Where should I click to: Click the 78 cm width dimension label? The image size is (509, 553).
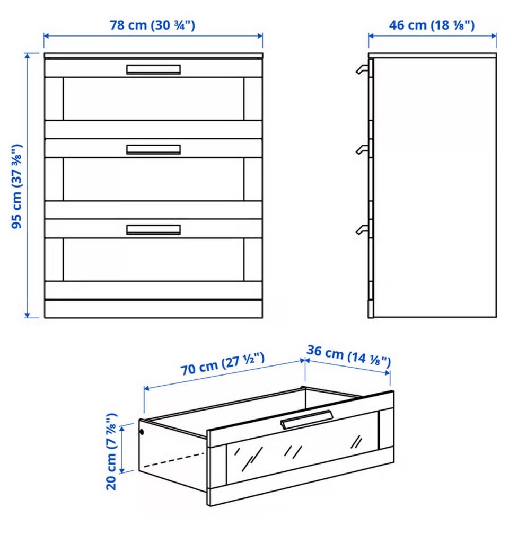[x=152, y=25]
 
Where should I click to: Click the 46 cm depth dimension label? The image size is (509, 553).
[x=432, y=25]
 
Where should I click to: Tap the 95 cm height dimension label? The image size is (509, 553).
[x=16, y=186]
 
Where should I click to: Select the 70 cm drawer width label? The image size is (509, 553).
[x=222, y=364]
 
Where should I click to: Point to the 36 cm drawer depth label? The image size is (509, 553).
[x=349, y=355]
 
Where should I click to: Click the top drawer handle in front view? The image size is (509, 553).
[x=154, y=69]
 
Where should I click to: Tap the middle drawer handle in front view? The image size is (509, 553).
[x=154, y=149]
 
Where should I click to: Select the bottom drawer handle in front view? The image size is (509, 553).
[x=154, y=229]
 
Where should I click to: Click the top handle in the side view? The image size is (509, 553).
[x=362, y=69]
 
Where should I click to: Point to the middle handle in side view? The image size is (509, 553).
[x=362, y=149]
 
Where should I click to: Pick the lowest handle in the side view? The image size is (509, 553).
[x=362, y=229]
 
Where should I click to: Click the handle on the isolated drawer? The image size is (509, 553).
[x=306, y=420]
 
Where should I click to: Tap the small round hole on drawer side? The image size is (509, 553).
[x=142, y=432]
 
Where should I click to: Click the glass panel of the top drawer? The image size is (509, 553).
[x=154, y=99]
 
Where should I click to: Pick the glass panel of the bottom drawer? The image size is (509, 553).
[x=154, y=260]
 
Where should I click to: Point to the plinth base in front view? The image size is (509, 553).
[x=154, y=309]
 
